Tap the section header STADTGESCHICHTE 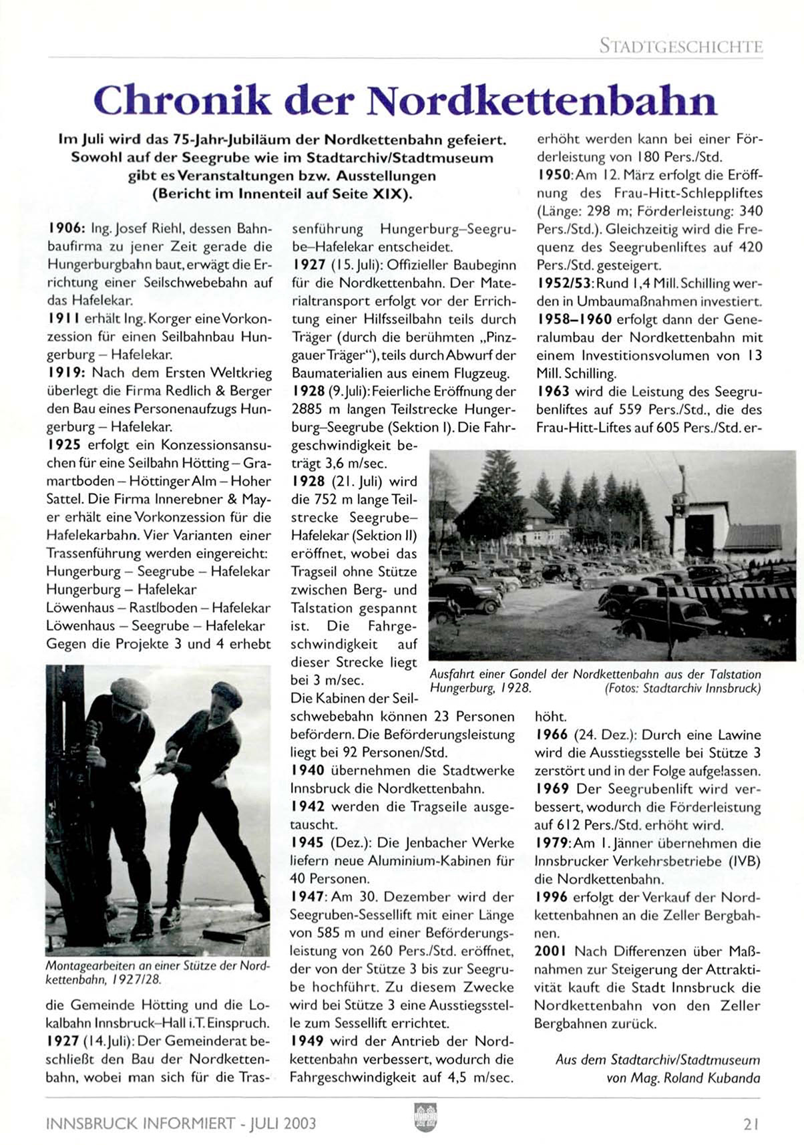(680, 47)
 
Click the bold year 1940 (308, 770)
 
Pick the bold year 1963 (552, 391)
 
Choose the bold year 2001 (551, 951)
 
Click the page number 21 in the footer (751, 1124)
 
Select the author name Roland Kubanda (712, 1078)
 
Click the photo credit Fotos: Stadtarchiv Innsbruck (682, 689)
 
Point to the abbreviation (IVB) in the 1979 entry (745, 861)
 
